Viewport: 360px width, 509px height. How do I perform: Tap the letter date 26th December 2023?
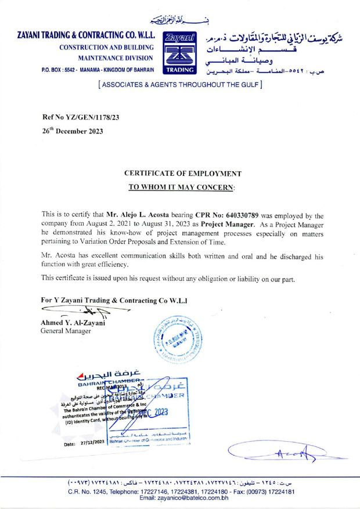click(x=73, y=131)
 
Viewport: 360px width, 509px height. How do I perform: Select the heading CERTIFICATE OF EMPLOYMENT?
click(x=183, y=174)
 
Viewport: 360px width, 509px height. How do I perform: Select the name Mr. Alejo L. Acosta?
click(x=133, y=214)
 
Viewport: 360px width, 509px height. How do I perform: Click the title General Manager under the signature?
click(x=66, y=331)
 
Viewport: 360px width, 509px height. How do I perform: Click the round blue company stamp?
click(x=179, y=340)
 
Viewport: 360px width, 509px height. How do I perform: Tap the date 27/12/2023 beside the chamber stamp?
click(x=89, y=442)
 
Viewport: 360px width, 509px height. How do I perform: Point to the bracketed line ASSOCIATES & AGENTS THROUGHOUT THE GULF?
click(x=181, y=84)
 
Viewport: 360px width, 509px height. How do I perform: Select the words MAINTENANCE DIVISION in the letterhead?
click(x=116, y=58)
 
